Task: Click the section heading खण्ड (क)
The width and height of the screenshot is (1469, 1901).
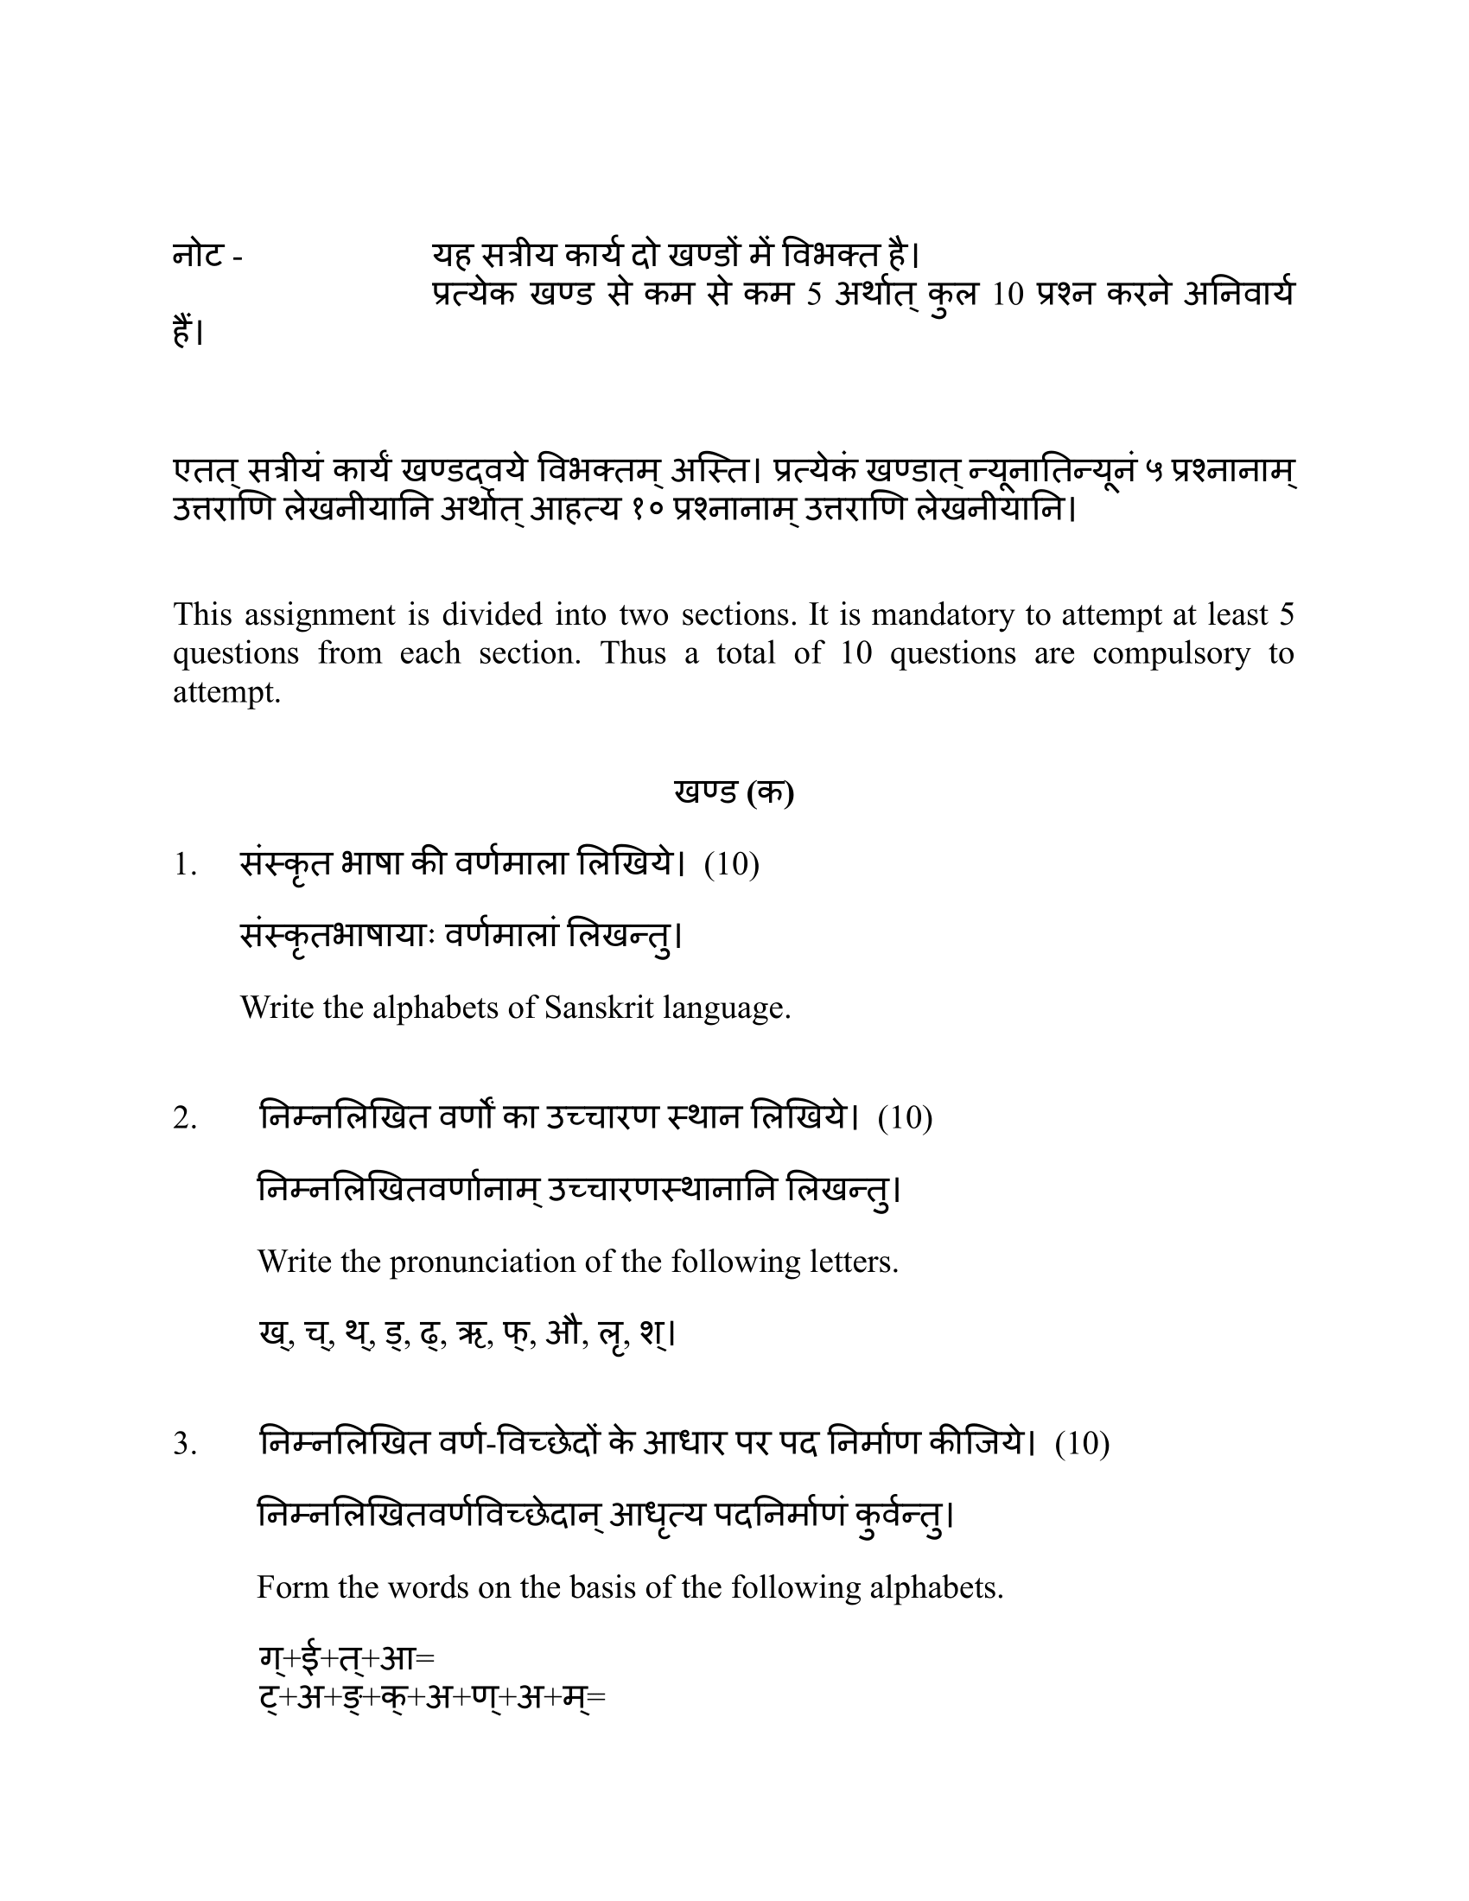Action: [733, 792]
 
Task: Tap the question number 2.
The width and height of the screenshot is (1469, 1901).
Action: [185, 1117]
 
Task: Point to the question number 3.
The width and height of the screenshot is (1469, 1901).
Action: [185, 1444]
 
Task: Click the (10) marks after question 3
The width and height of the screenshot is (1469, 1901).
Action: [1082, 1444]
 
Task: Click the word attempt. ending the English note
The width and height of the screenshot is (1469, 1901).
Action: [227, 692]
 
